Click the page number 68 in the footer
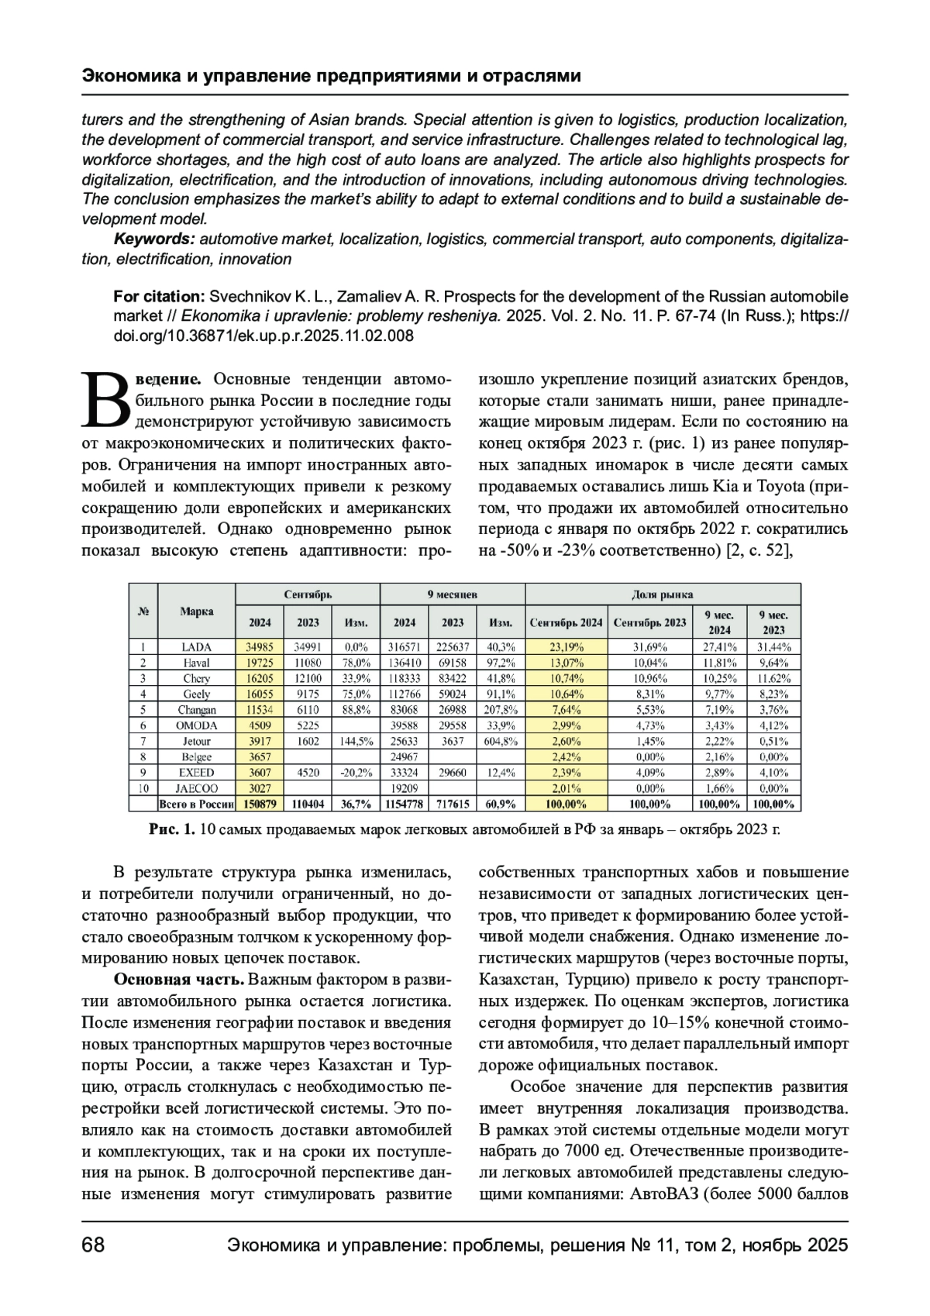coord(93,1245)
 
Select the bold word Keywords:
coord(153,239)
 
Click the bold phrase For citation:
coord(158,297)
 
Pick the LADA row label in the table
coord(196,646)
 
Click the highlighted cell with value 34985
coord(259,646)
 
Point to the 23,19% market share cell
coord(566,646)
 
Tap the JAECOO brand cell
coord(196,788)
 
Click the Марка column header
coord(196,611)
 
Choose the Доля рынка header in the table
coord(663,594)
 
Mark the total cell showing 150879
coord(259,804)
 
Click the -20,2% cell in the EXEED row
coord(356,773)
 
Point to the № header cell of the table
coord(143,611)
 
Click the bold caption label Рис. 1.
coord(171,830)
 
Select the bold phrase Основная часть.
coord(180,979)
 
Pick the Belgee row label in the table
coord(196,756)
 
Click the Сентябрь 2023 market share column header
coord(649,622)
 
